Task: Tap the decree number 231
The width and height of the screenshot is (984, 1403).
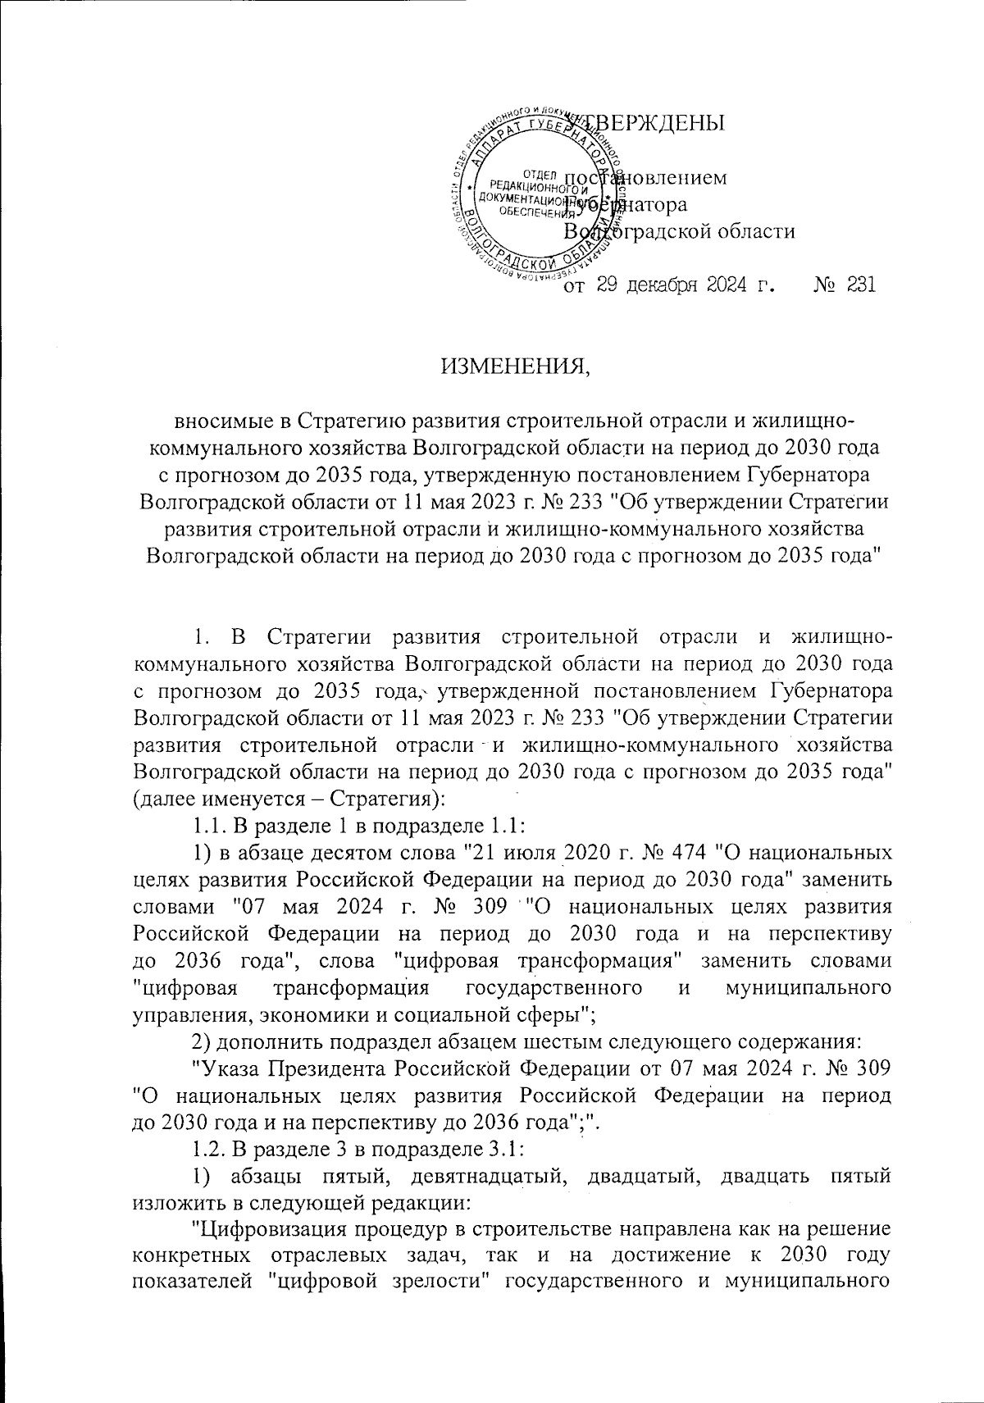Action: point(858,285)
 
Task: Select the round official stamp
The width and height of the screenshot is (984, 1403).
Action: point(538,196)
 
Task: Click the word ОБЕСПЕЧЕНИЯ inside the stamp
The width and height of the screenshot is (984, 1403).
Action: point(521,209)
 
